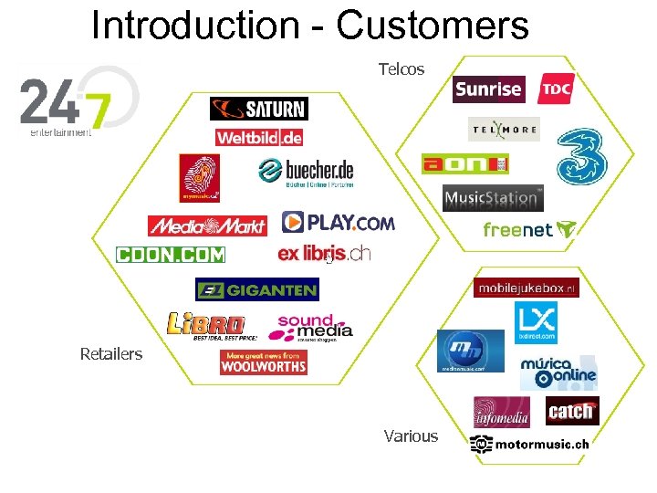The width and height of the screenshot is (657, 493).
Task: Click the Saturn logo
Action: pos(258,109)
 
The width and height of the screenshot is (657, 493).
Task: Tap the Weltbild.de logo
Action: pos(259,138)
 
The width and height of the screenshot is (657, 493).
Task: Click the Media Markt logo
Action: pos(207,226)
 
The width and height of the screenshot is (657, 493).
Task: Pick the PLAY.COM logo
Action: pos(338,222)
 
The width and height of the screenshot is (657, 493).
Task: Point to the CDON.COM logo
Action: pos(171,254)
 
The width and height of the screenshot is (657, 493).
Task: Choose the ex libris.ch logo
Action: pos(324,253)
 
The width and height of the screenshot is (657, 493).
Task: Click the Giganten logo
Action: pos(256,290)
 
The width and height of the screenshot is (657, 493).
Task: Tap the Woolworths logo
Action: pos(263,362)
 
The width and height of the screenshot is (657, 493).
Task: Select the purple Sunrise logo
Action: pos(489,89)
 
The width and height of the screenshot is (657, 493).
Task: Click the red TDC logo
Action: pos(556,89)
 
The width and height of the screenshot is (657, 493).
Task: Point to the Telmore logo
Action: pos(504,130)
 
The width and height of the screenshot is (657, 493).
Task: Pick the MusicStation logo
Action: pos(492,197)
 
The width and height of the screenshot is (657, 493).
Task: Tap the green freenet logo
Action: pos(529,230)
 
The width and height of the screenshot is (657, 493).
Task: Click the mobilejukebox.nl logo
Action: pos(527,288)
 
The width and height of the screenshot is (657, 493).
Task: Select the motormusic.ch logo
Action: pos(529,444)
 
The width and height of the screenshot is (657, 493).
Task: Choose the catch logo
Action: pos(572,412)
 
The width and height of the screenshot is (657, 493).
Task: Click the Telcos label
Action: pos(401,69)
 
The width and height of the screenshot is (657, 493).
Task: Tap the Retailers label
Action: pos(111,353)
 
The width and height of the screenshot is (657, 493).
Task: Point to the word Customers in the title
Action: pos(433,26)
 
